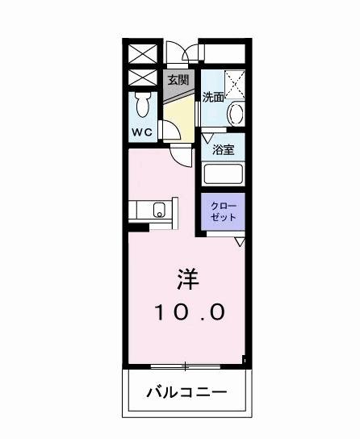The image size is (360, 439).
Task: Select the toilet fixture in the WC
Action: [x=144, y=105]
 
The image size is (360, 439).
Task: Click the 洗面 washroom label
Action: [x=213, y=98]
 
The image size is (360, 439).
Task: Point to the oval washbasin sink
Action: [x=237, y=113]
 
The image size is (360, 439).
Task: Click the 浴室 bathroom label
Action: [x=224, y=149]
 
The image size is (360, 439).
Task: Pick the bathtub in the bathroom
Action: [x=224, y=173]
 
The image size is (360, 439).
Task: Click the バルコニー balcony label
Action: [x=186, y=393]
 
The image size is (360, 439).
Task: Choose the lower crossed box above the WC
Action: [x=144, y=78]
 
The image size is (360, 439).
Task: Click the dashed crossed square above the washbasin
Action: [x=235, y=83]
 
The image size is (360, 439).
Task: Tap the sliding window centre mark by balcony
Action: [x=186, y=367]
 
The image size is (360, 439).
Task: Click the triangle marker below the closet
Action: [x=239, y=241]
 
